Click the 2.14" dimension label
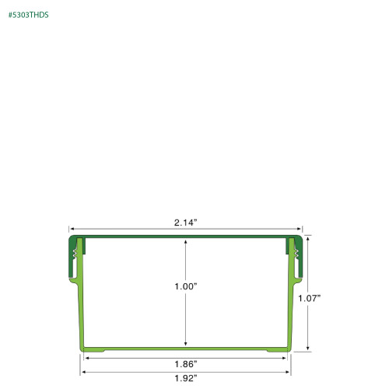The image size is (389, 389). [x=185, y=223]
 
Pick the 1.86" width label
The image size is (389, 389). [x=185, y=364]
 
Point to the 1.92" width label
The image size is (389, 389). [x=185, y=378]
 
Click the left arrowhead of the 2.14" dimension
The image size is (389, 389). [x=71, y=231]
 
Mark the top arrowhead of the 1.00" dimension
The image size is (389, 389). [x=185, y=241]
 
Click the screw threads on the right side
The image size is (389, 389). [x=297, y=251]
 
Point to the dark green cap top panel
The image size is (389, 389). [x=185, y=236]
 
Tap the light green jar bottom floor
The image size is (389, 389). [x=185, y=349]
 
